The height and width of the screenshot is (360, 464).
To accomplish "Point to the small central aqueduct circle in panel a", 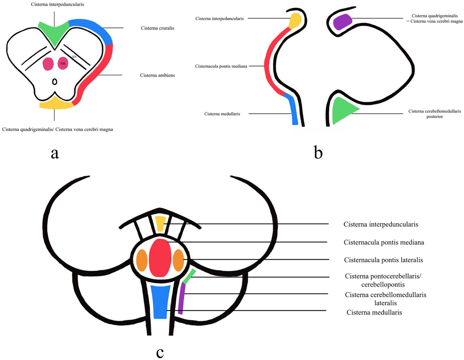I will coord(55,82).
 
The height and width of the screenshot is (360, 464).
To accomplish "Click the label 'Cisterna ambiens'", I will coord(157,75).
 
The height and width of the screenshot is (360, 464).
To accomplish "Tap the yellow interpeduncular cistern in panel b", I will coord(295,20).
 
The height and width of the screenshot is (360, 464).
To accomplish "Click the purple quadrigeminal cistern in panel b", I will coord(343,21).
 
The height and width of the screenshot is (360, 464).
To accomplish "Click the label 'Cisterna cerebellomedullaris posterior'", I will coord(435,114).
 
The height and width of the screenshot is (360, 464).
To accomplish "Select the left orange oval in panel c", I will coord(142,261).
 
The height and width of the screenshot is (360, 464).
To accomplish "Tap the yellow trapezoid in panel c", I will coord(160,224).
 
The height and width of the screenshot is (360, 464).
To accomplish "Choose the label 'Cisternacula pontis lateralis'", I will coord(383,260).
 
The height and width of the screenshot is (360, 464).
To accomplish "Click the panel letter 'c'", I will coord(160,352).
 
